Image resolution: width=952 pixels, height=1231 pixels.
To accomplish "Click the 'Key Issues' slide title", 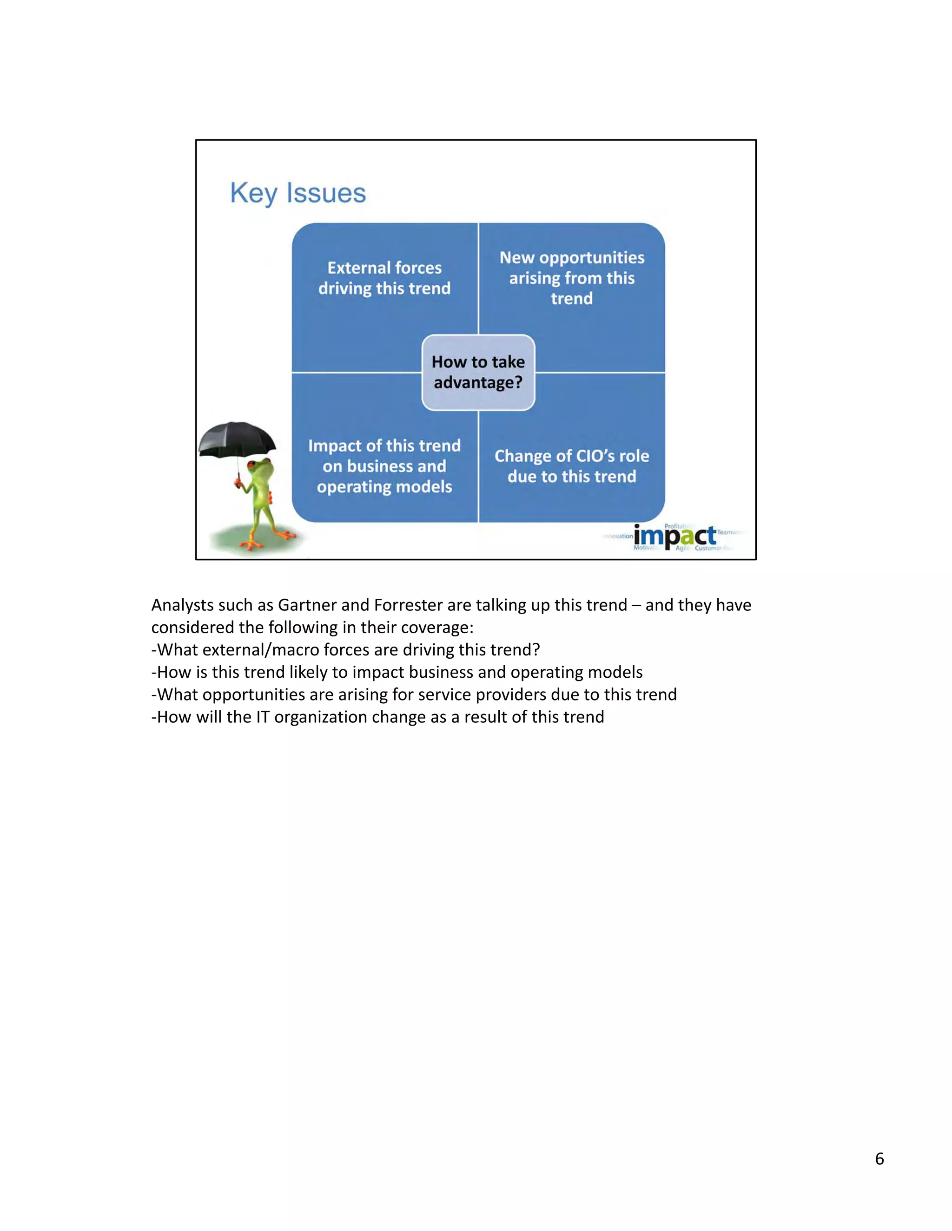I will tap(298, 193).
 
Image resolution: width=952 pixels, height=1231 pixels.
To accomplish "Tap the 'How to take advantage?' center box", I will tap(478, 372).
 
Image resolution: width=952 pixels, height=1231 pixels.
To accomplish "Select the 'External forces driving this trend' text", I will tap(384, 278).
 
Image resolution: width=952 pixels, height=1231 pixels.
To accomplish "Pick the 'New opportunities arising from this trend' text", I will tap(572, 278).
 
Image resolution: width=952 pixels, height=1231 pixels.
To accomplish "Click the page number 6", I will tap(879, 1159).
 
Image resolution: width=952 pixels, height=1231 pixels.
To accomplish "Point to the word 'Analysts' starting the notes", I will tap(183, 605).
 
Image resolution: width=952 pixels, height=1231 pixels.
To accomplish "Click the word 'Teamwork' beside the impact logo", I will tap(730, 532).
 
